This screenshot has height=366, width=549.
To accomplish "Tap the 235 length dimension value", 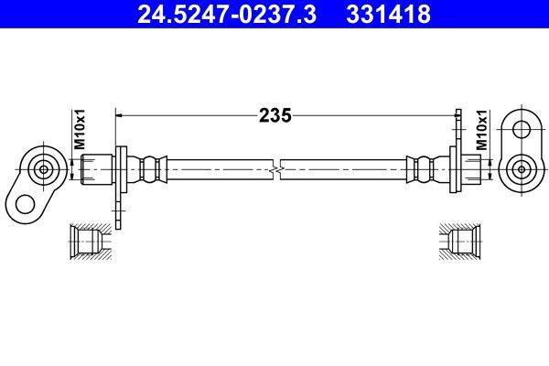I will (274, 115).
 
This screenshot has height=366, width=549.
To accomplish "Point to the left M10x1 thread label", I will (80, 130).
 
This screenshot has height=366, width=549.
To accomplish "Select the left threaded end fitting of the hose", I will (95, 169).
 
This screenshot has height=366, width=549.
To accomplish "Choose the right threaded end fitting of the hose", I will (471, 169).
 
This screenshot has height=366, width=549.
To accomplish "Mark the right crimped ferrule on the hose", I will (422, 169).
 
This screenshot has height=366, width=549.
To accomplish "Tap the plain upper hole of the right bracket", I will (522, 129).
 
